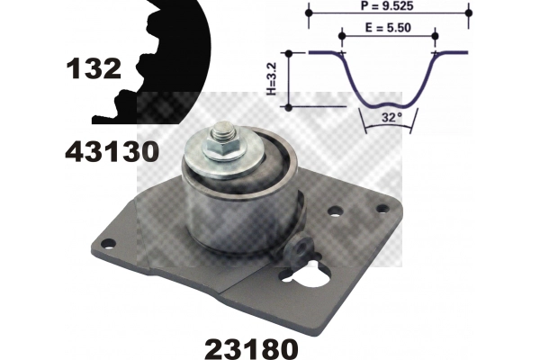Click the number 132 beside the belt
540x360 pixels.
[94, 68]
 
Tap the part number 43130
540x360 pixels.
[112, 152]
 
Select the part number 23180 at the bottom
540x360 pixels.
[251, 348]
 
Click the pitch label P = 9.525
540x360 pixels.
[387, 6]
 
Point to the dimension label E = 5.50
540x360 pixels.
[388, 27]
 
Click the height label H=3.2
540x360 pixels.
[272, 79]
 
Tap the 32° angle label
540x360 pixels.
[391, 118]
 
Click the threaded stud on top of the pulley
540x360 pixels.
[223, 131]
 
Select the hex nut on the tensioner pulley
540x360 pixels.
[224, 148]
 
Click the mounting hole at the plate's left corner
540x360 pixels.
[109, 244]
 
